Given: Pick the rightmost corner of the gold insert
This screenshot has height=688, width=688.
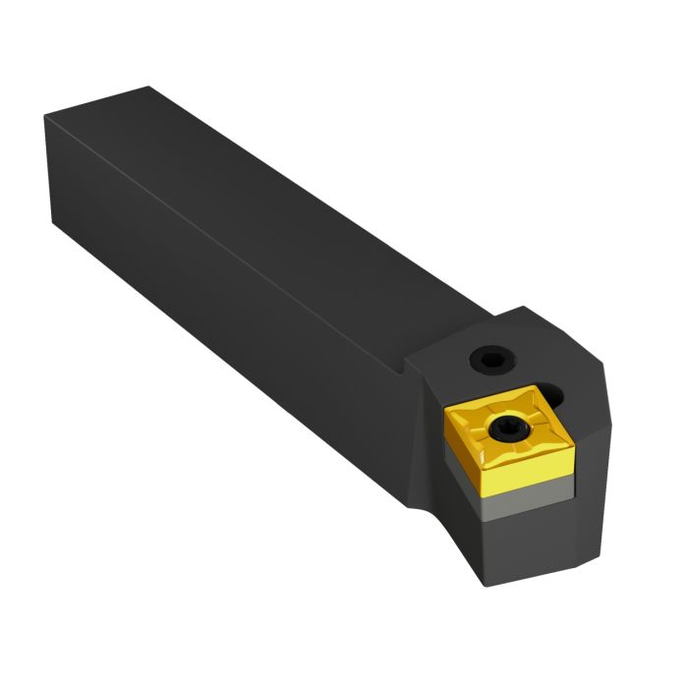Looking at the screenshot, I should pos(573,435).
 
